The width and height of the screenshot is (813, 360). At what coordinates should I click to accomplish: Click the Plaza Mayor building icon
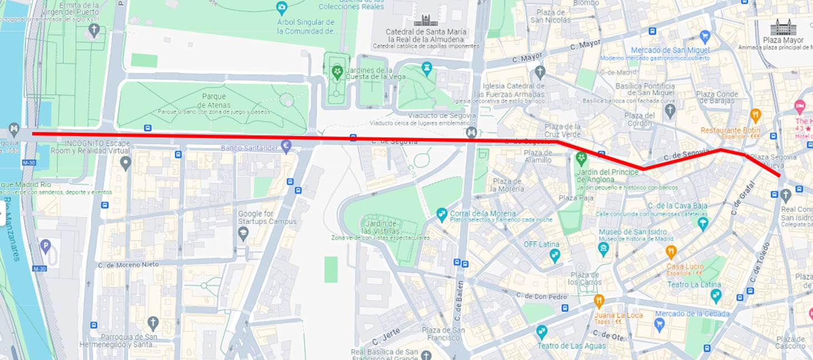click(783, 27)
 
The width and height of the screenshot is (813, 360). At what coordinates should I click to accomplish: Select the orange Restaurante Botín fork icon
click(756, 116)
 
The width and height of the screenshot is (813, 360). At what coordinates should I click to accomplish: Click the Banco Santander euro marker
click(286, 147)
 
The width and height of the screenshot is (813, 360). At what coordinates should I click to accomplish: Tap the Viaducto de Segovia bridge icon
click(472, 132)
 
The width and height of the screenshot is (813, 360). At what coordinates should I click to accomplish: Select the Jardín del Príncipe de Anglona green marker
click(581, 159)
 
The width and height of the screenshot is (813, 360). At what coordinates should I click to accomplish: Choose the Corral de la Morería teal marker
click(442, 213)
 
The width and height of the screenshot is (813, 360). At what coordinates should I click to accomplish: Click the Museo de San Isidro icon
click(603, 249)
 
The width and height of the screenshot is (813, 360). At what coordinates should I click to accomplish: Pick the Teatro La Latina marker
click(716, 295)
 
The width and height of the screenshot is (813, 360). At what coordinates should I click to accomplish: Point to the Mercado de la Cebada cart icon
click(660, 324)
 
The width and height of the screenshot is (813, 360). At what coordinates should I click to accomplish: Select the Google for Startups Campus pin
click(243, 233)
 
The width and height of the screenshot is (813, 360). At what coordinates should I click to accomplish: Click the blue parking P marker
click(46, 246)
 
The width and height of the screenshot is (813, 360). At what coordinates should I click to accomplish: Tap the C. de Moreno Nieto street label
click(128, 265)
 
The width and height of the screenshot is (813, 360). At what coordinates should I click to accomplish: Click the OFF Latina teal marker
click(554, 255)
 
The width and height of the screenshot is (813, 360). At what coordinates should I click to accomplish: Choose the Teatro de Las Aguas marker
click(542, 333)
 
